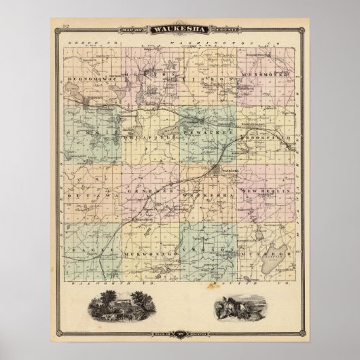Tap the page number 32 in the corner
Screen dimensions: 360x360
(x=65, y=26)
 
